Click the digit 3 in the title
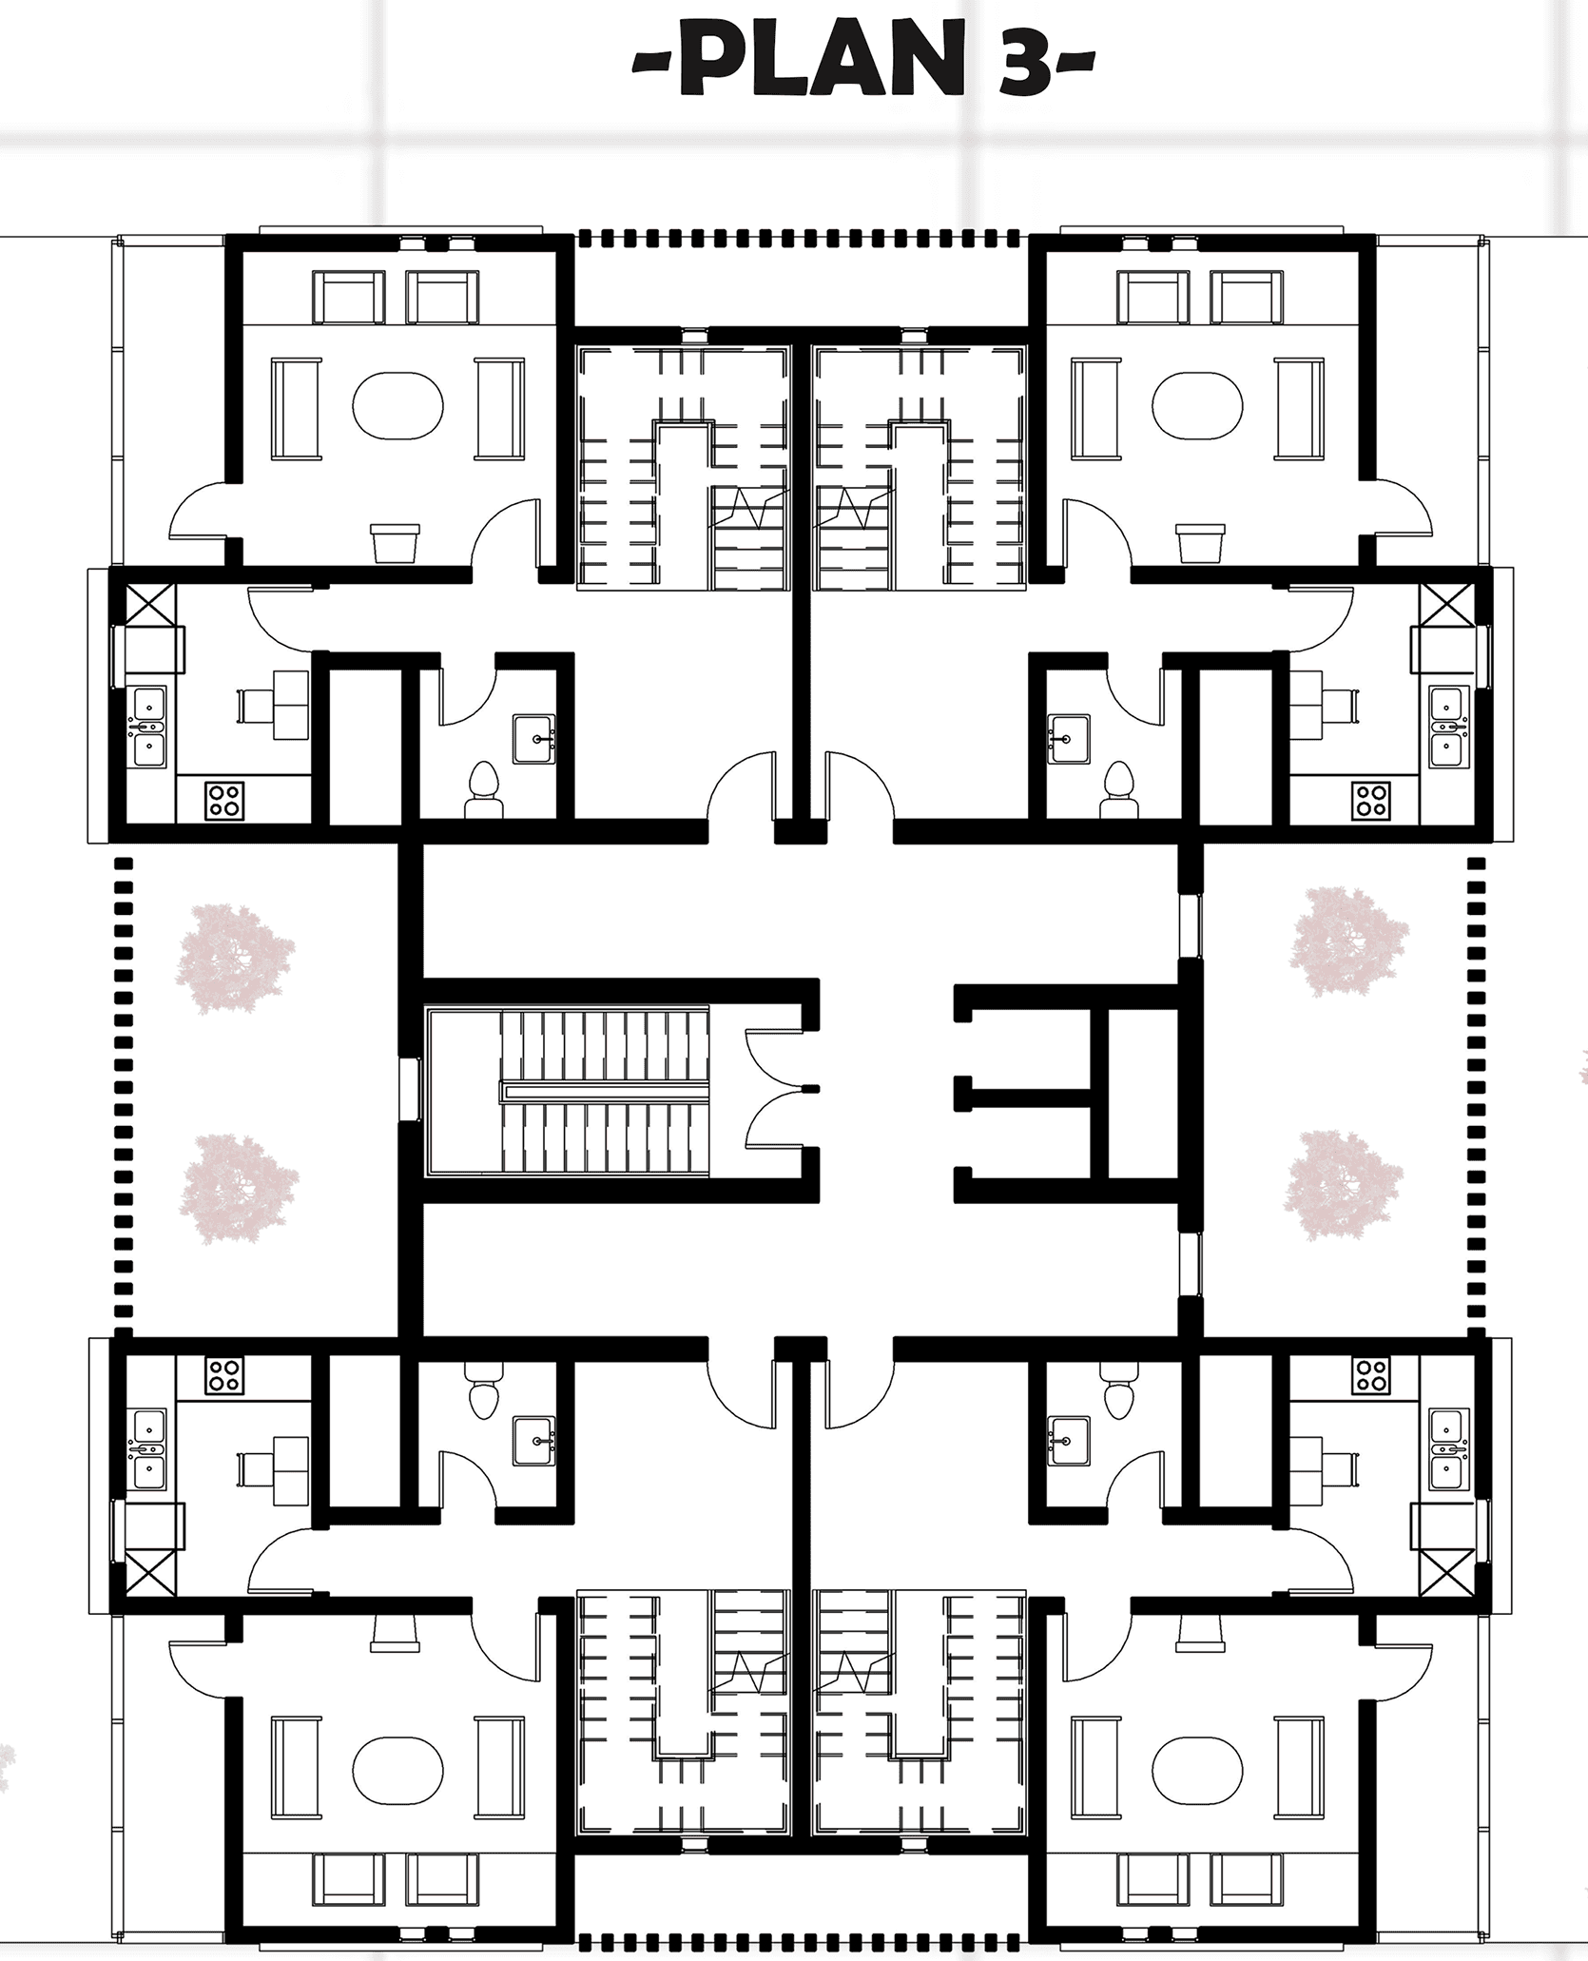(x=1024, y=65)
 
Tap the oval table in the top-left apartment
(x=397, y=404)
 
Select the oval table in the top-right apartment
(x=1197, y=404)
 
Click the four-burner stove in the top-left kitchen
(x=224, y=800)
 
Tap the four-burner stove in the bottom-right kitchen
(x=1370, y=1374)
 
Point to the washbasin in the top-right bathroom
(x=1069, y=740)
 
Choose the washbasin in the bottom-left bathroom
(x=534, y=1440)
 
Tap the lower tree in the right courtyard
(x=1343, y=1185)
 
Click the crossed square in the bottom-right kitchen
(x=1443, y=1572)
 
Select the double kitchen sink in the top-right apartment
(x=1449, y=727)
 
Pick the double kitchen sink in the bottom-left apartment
(x=148, y=1449)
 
